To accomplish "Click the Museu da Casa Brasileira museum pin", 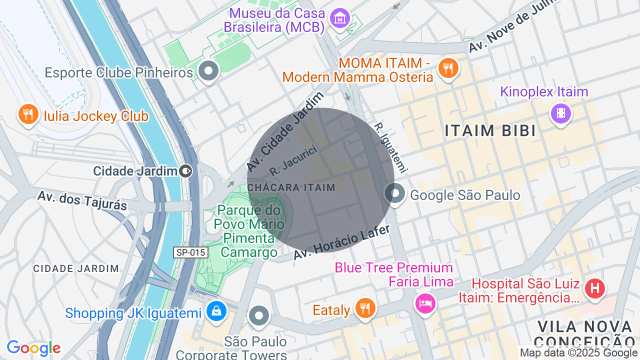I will click(x=340, y=18).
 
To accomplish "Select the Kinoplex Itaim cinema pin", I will click(x=560, y=113).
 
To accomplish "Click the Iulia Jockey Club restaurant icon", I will click(x=28, y=114).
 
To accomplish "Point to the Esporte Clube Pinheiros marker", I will click(x=208, y=71).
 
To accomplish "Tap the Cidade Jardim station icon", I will click(x=185, y=171).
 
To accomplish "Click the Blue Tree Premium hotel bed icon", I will click(x=424, y=303).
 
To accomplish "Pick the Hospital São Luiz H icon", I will click(x=594, y=289).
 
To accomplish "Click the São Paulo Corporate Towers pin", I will click(x=258, y=315).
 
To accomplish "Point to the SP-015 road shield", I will click(x=190, y=252).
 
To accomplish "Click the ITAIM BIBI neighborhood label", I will click(x=490, y=131).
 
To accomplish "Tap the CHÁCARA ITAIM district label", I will click(x=291, y=187).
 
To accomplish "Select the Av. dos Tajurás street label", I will click(x=82, y=200).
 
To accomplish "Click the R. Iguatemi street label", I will click(x=391, y=147).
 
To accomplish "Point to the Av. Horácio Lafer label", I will click(x=341, y=242).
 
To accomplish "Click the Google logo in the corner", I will click(x=33, y=348).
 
